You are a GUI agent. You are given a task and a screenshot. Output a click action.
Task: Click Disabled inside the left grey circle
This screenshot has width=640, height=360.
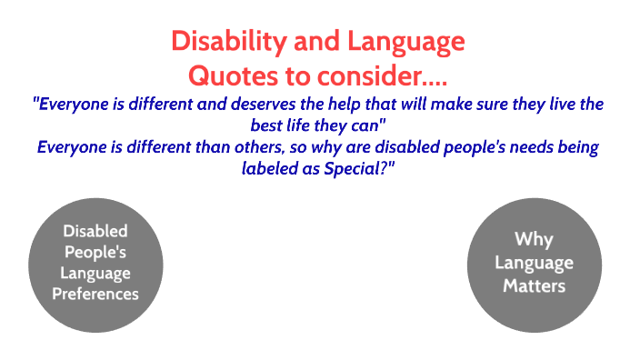(95, 232)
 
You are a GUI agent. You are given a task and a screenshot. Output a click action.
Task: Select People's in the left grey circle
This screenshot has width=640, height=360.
(95, 253)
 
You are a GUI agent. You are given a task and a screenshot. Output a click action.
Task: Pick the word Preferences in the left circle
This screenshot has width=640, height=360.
(95, 294)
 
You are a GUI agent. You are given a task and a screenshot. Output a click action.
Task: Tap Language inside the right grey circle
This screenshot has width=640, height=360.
(534, 264)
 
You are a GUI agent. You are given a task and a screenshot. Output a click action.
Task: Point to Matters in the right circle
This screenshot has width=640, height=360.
(534, 286)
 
